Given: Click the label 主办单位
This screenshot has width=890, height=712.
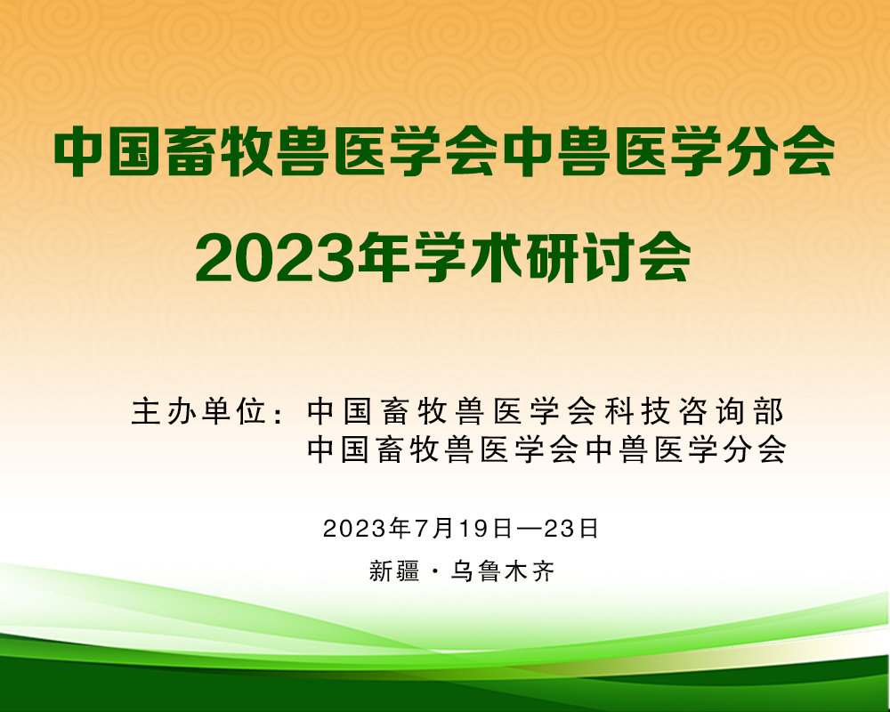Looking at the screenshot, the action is [199, 412].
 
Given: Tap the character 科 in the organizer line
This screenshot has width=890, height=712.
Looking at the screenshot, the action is [619, 412].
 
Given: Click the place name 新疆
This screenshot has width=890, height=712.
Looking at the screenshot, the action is [394, 571].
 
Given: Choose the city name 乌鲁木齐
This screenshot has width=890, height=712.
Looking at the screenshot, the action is [502, 571].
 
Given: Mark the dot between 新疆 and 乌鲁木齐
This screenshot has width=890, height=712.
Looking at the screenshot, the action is [435, 571].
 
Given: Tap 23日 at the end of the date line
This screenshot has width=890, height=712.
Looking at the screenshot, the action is [571, 529].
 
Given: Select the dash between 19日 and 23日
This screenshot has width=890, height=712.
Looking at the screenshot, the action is [529, 529].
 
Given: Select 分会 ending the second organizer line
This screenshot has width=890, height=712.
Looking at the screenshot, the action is [755, 450].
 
